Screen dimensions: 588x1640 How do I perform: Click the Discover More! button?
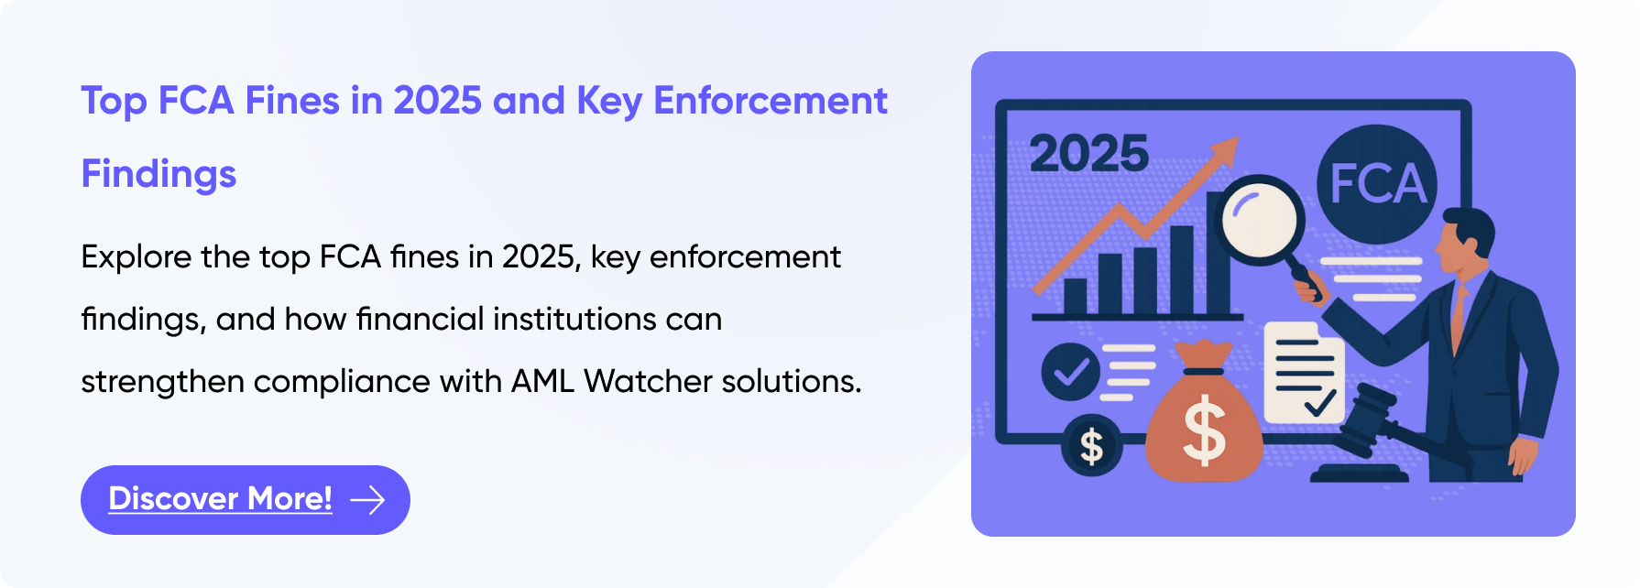point(245,500)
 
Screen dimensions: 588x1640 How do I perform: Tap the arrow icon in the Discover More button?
point(367,500)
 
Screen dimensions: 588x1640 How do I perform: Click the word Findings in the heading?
point(159,174)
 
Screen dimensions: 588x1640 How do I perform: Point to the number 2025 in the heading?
point(437,101)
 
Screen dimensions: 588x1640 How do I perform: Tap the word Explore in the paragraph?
point(137,257)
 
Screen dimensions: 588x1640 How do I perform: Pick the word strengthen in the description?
point(162,381)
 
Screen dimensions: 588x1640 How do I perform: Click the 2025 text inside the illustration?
point(1088,154)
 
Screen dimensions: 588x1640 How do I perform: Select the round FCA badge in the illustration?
point(1376,182)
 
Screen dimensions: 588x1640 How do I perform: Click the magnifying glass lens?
point(1260,221)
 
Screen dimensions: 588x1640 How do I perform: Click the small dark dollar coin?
point(1091,446)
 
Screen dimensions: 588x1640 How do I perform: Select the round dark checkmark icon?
point(1070,372)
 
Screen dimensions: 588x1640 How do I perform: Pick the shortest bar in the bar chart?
point(1075,295)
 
